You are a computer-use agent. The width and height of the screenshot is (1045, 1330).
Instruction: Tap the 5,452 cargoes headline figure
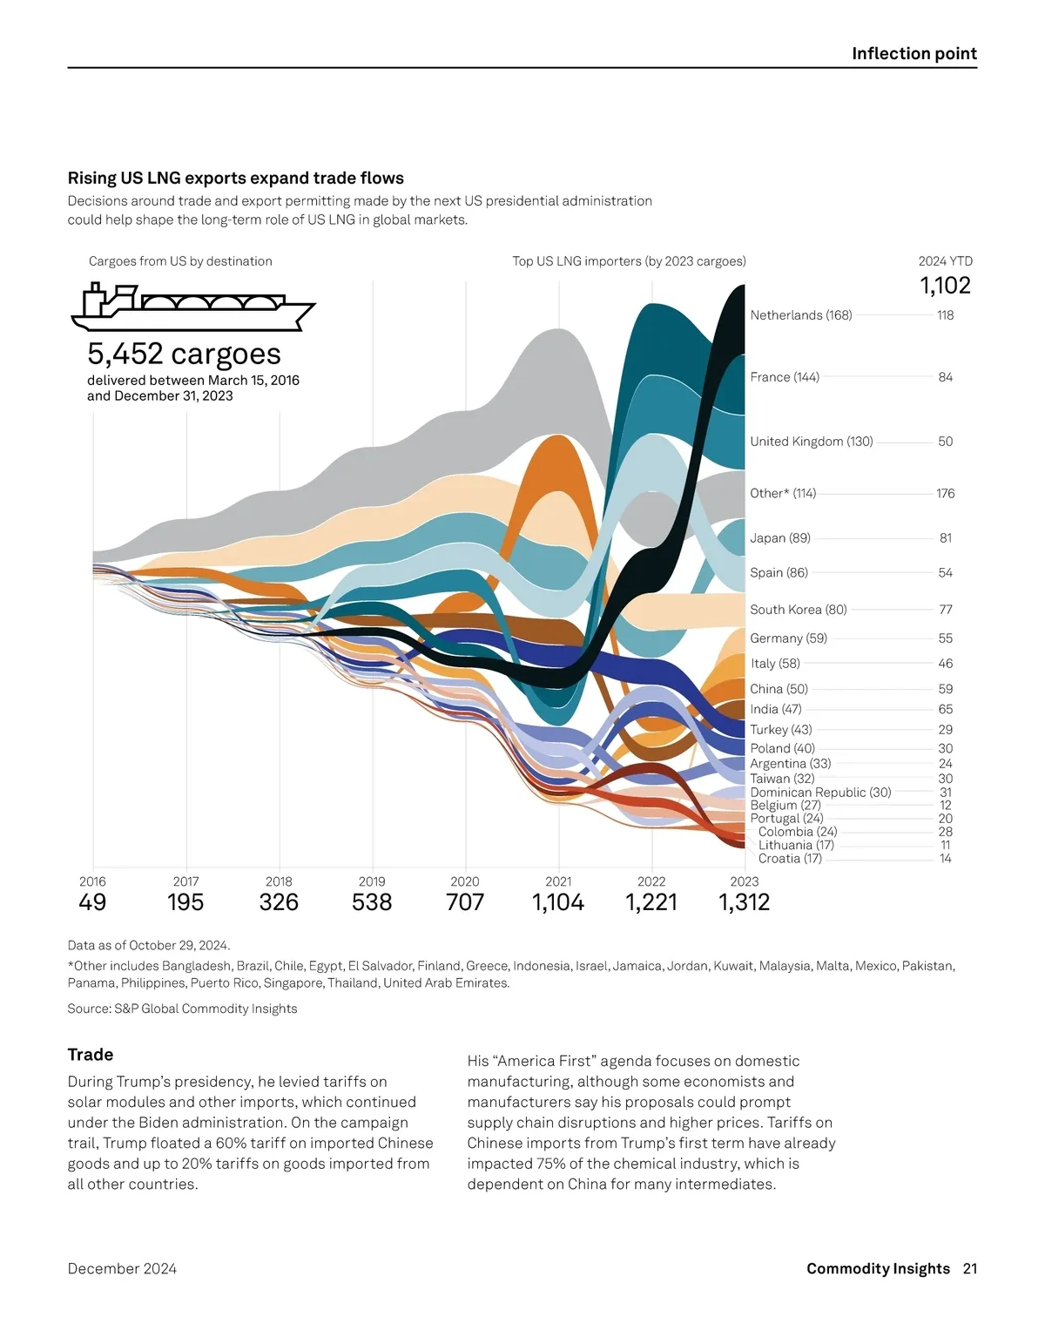tap(184, 354)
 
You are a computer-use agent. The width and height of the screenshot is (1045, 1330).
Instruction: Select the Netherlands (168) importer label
tap(801, 315)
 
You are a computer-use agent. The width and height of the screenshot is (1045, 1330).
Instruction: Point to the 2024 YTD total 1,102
tap(945, 286)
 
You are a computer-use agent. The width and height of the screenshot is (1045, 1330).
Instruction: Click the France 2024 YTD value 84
tap(946, 377)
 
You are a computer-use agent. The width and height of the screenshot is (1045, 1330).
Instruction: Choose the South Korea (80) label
tap(799, 610)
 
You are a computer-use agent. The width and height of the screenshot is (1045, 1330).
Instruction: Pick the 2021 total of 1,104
tap(558, 902)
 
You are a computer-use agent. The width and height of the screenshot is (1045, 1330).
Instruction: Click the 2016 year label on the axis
tap(92, 881)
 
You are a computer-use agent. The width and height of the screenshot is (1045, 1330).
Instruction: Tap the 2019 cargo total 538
tap(372, 902)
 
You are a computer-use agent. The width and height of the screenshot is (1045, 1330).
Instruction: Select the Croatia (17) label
tap(790, 859)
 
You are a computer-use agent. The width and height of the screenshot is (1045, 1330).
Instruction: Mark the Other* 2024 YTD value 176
tap(946, 494)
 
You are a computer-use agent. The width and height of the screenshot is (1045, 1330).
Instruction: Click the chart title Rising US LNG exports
tap(236, 179)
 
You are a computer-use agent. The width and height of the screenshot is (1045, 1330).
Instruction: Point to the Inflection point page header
tap(914, 54)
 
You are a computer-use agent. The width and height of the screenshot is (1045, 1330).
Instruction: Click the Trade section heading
tap(91, 1055)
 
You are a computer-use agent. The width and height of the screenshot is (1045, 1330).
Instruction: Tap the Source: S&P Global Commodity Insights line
tap(182, 1009)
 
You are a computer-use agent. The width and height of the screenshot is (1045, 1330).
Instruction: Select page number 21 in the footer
tap(970, 1269)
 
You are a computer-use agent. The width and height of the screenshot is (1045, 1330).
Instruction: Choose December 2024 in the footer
tap(122, 1269)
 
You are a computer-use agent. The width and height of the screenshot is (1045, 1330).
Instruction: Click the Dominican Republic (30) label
tap(820, 793)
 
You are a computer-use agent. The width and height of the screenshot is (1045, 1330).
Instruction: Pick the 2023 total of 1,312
tap(745, 902)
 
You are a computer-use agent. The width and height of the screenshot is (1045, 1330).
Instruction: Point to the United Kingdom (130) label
tap(812, 442)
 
